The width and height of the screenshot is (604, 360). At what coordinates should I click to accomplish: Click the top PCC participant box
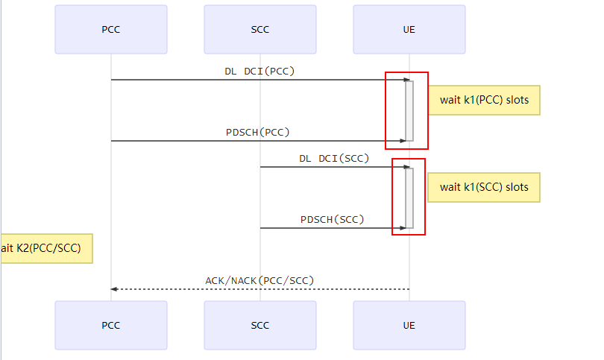[111, 30]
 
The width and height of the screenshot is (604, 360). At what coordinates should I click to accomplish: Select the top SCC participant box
[260, 30]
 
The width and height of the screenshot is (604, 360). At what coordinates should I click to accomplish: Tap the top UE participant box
[409, 30]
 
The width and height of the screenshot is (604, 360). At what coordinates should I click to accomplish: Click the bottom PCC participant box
[111, 325]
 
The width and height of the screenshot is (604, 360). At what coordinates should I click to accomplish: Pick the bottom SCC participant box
[260, 325]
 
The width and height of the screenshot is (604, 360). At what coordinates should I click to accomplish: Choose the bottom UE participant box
[409, 325]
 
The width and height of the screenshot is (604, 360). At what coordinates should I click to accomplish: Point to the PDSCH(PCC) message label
[258, 132]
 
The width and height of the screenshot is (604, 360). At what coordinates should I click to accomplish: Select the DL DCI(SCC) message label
[334, 158]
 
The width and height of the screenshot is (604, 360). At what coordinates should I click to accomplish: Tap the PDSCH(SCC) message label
[333, 219]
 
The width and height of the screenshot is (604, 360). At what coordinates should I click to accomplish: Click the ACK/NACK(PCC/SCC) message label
[259, 280]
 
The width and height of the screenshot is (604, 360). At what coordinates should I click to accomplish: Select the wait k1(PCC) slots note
[483, 101]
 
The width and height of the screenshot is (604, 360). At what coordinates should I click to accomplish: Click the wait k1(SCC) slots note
[483, 187]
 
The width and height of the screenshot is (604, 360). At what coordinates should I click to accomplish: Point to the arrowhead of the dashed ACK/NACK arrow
[114, 289]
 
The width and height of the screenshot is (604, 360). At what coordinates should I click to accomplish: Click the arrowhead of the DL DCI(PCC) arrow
[406, 80]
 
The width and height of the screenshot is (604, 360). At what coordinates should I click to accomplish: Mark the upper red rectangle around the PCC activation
[406, 110]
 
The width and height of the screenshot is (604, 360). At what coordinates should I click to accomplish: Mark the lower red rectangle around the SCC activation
[409, 197]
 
